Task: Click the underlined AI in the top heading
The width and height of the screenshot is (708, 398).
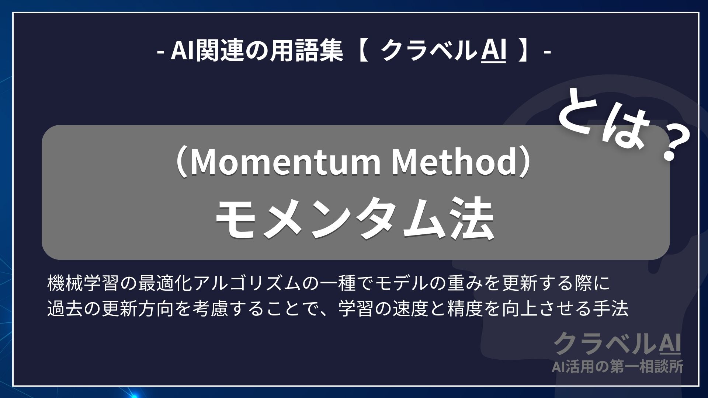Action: click(494, 51)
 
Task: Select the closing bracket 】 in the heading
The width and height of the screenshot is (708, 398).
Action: click(525, 52)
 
